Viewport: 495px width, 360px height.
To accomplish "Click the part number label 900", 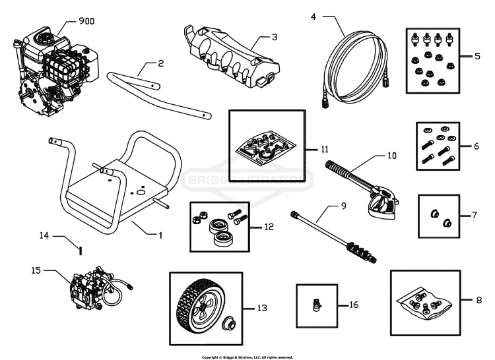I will tap(86, 21).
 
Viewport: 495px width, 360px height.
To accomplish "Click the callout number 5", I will tap(478, 57).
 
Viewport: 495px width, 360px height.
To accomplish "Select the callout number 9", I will tap(343, 206).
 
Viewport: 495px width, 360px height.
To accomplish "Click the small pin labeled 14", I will tap(80, 249).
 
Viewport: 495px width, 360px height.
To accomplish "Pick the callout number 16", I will tap(354, 306).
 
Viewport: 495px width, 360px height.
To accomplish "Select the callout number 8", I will tap(478, 300).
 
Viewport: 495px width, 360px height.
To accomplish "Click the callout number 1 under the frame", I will tap(159, 234).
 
